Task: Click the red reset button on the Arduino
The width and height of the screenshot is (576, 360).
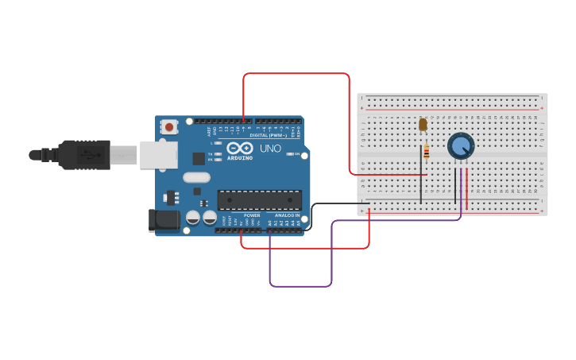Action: click(x=169, y=126)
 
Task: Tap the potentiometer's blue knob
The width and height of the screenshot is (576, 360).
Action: click(x=461, y=145)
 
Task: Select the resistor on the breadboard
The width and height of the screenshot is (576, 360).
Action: click(x=427, y=151)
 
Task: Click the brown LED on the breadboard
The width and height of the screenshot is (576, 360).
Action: click(x=423, y=124)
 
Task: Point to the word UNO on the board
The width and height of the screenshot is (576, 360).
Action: click(x=270, y=149)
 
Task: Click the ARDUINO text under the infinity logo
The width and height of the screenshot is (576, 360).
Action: click(x=240, y=157)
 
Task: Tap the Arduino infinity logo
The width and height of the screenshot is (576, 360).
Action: click(x=240, y=148)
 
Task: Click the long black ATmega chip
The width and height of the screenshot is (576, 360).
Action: click(x=259, y=199)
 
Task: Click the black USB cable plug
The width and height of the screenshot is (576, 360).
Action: click(x=83, y=155)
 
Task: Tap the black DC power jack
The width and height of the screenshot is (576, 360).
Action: click(x=164, y=219)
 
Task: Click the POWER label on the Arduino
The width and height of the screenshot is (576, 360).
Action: click(x=252, y=215)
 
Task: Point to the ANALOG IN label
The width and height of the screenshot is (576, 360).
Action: click(x=288, y=215)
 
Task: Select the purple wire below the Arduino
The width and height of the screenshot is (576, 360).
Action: click(x=300, y=285)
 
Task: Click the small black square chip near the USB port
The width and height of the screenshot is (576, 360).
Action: click(x=198, y=158)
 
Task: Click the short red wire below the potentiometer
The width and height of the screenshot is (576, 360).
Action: click(x=466, y=188)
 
